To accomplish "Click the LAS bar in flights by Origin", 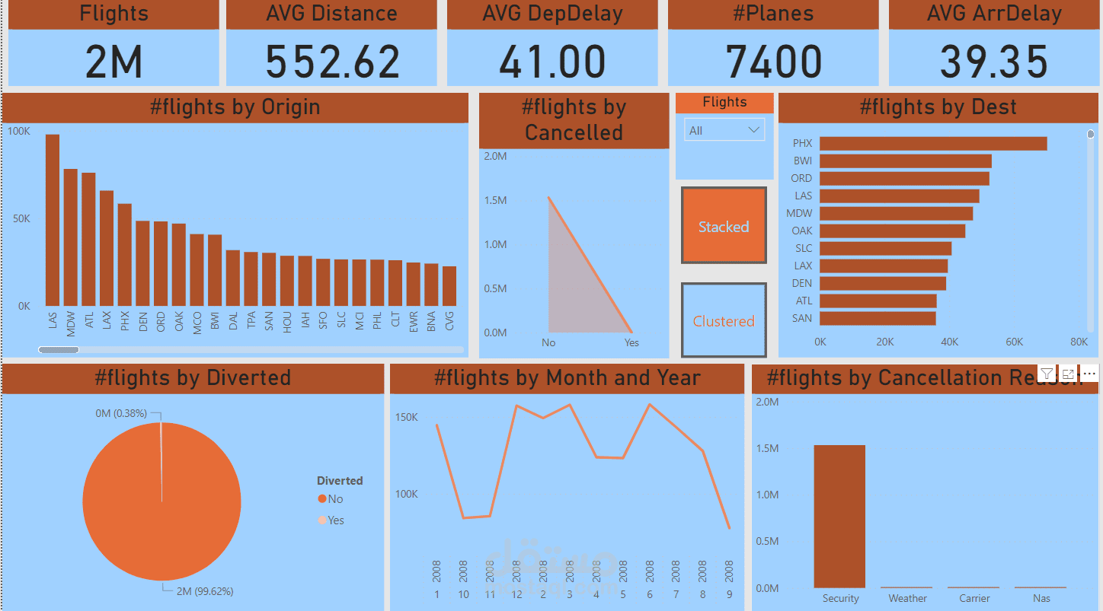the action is pos(53,221).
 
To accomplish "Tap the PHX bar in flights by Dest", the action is pos(932,143).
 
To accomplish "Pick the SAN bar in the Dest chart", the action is pos(878,318).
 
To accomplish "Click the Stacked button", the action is pos(724,226).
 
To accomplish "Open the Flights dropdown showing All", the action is pos(724,130).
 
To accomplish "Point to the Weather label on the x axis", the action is pos(907,598).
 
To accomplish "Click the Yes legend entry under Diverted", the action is pos(336,520).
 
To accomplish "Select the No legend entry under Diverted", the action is pos(335,499).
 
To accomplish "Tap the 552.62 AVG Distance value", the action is pos(332,62).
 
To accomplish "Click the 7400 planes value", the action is pos(773,62).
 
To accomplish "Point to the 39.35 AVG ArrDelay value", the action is pos(993,62).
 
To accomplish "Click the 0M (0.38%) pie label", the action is pos(121,413).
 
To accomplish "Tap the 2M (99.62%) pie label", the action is pos(204,591).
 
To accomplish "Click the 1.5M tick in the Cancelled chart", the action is pos(495,200).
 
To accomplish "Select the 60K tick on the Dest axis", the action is pos(1014,342).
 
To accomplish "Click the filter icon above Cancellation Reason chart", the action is pos(1047,374).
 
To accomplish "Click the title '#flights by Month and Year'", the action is pos(567,378).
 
